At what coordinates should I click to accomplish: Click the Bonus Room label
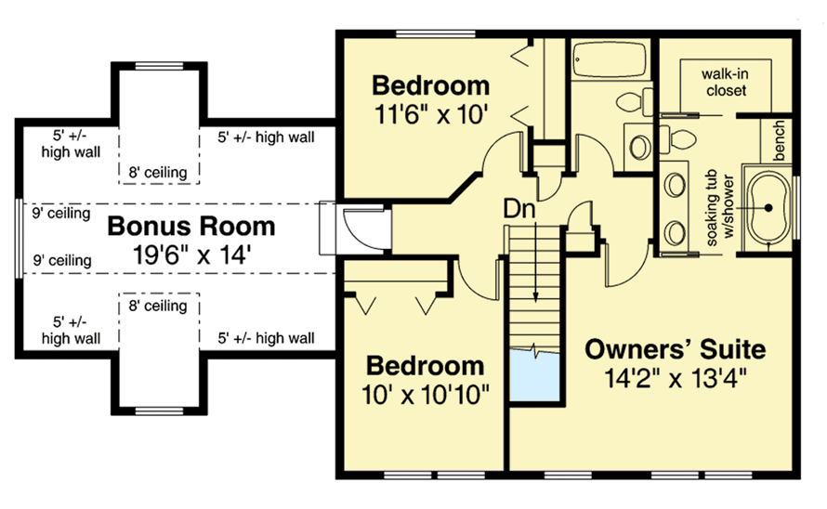[x=190, y=226]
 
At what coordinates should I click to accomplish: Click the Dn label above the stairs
[x=519, y=210]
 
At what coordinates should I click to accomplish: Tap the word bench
[x=779, y=139]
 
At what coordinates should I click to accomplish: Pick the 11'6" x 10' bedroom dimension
[x=430, y=114]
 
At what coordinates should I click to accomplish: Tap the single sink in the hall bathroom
[x=639, y=144]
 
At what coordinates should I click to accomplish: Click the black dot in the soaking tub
[x=769, y=209]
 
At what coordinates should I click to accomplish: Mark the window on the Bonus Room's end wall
[x=18, y=236]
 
